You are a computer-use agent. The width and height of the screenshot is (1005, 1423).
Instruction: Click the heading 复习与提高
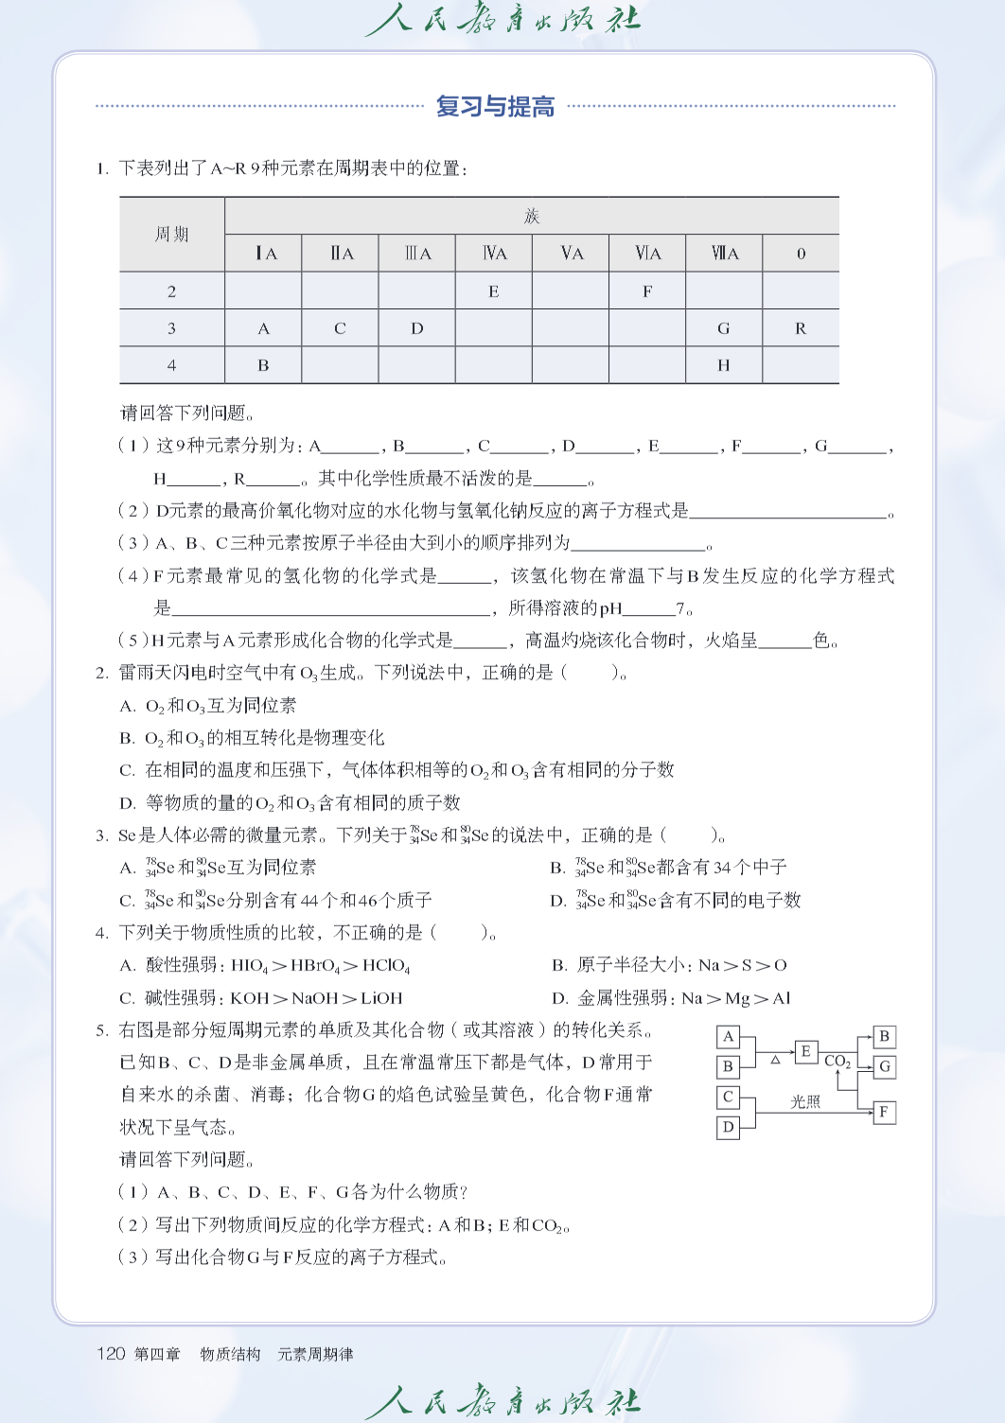(x=495, y=107)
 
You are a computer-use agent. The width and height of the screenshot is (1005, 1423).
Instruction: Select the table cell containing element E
(x=493, y=291)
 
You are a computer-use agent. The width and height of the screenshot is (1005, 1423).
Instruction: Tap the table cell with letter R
(x=801, y=328)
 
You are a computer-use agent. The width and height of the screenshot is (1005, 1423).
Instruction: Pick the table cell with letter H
(x=724, y=365)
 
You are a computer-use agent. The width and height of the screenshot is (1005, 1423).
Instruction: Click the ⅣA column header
(x=494, y=254)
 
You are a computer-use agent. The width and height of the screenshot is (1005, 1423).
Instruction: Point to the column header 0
(x=801, y=254)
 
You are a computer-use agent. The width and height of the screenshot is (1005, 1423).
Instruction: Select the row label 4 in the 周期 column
(x=171, y=365)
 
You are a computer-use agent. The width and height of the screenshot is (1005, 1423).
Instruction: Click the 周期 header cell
(x=171, y=235)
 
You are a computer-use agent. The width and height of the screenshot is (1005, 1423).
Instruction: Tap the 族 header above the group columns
(x=532, y=217)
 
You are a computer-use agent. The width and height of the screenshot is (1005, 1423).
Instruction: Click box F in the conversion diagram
(x=884, y=1112)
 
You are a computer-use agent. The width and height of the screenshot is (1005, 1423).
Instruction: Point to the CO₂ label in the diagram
(x=837, y=1062)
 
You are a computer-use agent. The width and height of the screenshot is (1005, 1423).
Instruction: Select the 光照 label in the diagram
(x=805, y=1102)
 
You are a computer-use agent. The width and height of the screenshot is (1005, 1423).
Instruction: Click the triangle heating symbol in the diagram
(x=776, y=1060)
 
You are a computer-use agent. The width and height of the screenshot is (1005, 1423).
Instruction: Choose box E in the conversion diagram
(x=805, y=1051)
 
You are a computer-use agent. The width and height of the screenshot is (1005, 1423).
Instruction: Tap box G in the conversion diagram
(x=884, y=1066)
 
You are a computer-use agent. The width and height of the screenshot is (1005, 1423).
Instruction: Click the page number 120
(x=111, y=1354)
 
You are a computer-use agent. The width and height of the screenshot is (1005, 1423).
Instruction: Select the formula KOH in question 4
(x=250, y=998)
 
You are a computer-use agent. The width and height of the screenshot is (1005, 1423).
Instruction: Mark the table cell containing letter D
(x=417, y=328)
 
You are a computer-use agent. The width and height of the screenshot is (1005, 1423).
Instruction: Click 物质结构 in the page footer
(x=230, y=1355)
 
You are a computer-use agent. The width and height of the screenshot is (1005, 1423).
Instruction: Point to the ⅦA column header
(x=725, y=254)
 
